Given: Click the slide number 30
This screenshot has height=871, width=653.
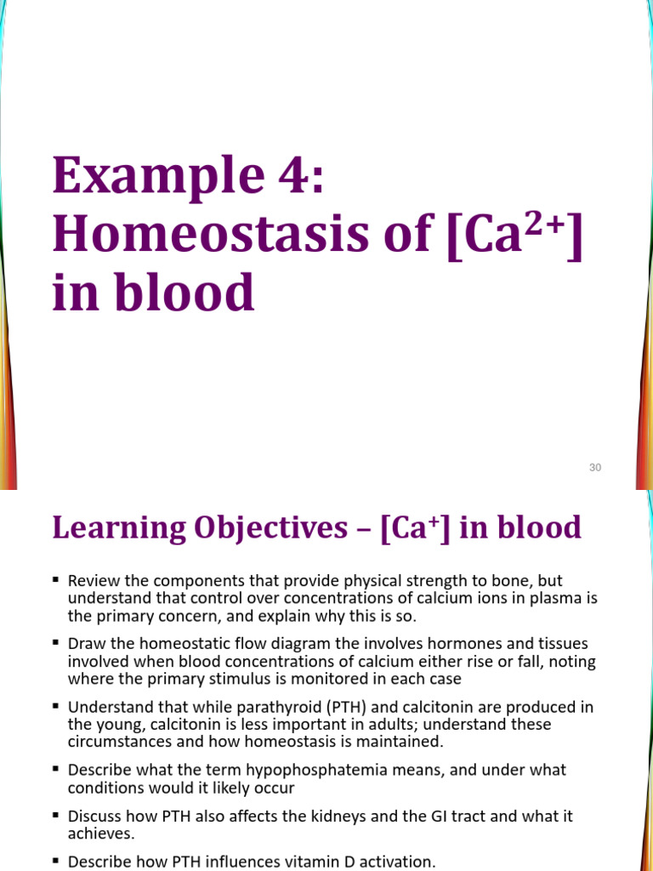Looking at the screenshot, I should point(595,467).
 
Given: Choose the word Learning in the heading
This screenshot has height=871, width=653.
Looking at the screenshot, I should point(109,528).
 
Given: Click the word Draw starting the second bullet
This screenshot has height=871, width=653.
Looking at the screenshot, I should point(86,644).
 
